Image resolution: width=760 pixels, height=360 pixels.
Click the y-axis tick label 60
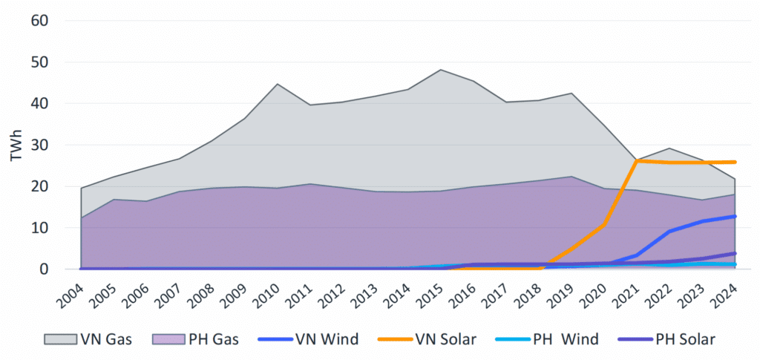39,20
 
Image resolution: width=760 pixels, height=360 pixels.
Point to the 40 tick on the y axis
39,103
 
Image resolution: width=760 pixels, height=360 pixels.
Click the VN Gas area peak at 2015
440,70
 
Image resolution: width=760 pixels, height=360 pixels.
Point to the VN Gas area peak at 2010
277,84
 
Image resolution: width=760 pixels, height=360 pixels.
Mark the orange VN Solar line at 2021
637,160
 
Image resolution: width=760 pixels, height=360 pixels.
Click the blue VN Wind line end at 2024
735,216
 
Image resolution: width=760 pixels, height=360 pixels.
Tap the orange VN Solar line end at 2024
735,162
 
